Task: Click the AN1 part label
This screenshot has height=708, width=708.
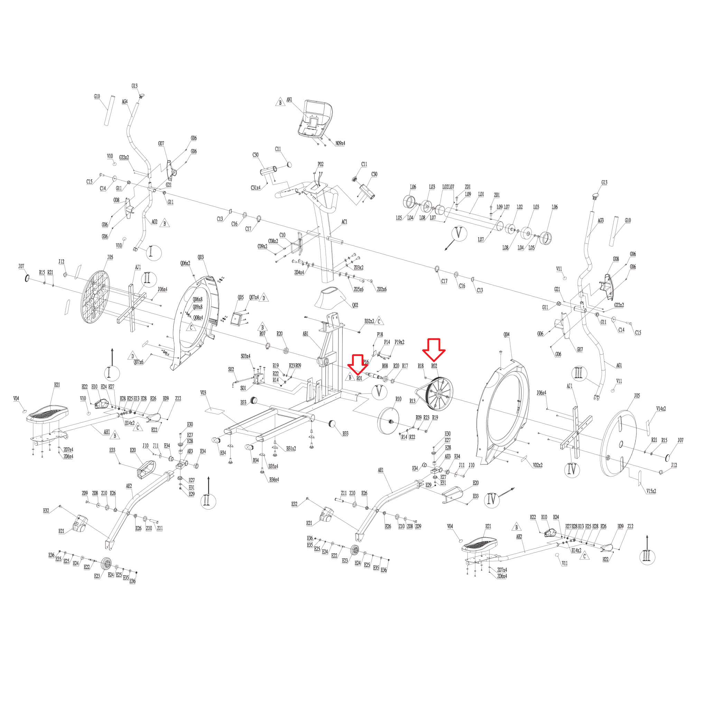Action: point(289,100)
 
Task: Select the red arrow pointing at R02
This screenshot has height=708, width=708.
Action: point(434,349)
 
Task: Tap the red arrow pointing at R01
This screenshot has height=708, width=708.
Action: point(357,364)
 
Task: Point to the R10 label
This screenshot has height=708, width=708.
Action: point(398,399)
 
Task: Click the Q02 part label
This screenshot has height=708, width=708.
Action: point(355,305)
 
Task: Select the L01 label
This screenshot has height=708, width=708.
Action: point(481,194)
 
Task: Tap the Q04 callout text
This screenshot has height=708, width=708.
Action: point(506,335)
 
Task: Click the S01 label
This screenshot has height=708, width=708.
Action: point(243,389)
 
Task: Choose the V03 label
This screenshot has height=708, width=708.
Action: point(203,393)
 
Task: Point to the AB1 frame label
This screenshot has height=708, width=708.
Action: point(305,334)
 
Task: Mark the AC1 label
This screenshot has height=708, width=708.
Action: point(344,222)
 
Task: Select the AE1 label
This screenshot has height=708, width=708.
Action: point(381,470)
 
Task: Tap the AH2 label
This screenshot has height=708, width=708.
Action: point(519,537)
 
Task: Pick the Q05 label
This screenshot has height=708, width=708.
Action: point(240,298)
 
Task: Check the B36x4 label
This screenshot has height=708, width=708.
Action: point(274,480)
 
